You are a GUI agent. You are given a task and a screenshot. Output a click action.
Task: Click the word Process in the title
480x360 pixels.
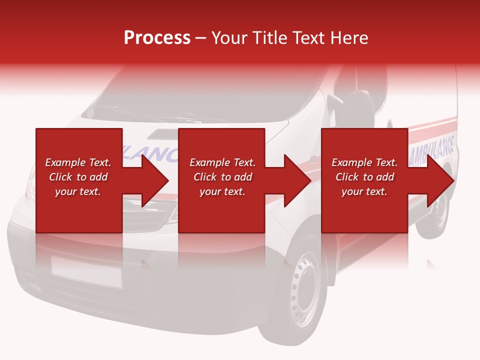(157, 38)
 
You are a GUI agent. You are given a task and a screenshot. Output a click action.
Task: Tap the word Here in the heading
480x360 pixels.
(349, 38)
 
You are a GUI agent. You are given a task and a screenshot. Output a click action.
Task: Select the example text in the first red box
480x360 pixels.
(78, 177)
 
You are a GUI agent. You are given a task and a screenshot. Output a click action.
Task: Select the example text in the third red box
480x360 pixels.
(364, 177)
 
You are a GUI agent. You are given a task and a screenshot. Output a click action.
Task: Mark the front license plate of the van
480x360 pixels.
(86, 272)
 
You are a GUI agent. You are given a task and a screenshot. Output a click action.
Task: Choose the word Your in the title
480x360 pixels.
(228, 38)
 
